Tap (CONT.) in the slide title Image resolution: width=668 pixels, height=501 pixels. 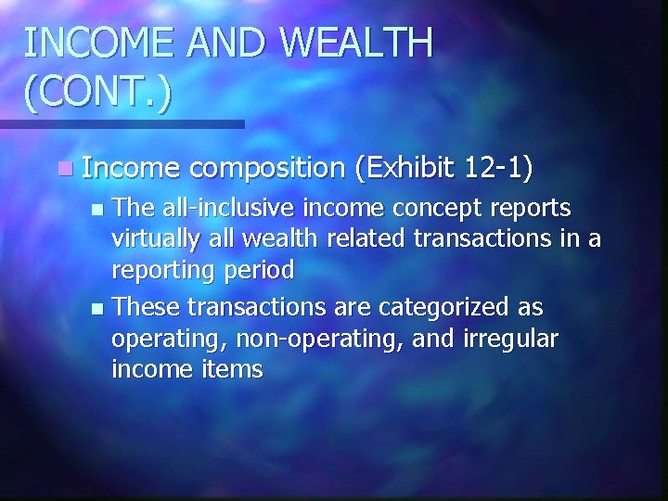coord(98,95)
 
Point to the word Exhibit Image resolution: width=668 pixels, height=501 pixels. coord(413,168)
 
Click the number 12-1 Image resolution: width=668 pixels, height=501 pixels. coord(501,168)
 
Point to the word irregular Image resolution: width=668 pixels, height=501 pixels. coord(509,340)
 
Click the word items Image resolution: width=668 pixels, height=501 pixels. coord(231,370)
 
